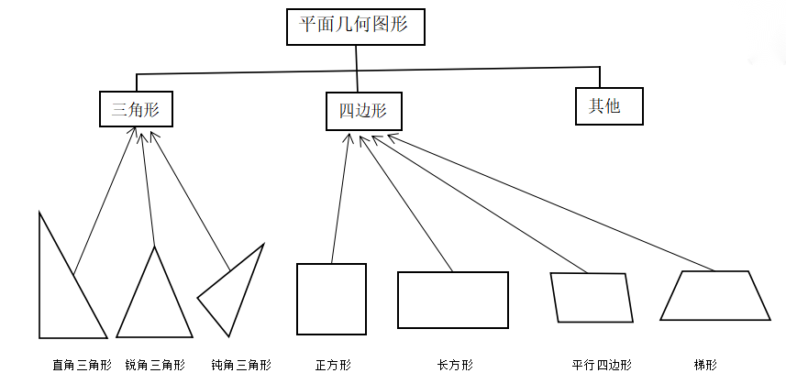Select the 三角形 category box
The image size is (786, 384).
136,110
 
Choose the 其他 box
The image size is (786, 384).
609,105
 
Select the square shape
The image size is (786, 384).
331,299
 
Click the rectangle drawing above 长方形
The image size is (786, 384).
452,300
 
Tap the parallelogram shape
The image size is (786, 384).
592,297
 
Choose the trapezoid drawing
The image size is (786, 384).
715,295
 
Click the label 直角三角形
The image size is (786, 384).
82,365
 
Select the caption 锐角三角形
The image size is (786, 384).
155,365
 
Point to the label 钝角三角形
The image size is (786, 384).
241,365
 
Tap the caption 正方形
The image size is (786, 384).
333,365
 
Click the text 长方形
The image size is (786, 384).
455,365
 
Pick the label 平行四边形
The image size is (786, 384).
602,365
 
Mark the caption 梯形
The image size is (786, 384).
705,365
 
